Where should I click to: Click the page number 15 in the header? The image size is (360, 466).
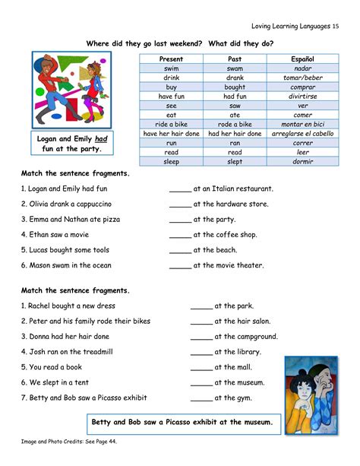(x=335, y=27)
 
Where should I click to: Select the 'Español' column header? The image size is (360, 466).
(x=302, y=59)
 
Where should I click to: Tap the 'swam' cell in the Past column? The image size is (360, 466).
(x=235, y=68)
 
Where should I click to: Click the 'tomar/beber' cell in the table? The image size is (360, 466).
(x=302, y=78)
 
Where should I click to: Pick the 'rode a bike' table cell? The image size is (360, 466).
(x=235, y=124)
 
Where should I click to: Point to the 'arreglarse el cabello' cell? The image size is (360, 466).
(x=302, y=133)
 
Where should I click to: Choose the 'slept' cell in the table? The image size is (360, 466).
(x=235, y=161)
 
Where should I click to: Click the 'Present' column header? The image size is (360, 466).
(x=172, y=59)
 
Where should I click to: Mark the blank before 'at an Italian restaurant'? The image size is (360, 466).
(x=180, y=189)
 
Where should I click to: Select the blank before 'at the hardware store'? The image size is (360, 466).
(x=180, y=204)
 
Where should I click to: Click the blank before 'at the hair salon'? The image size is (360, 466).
(x=201, y=322)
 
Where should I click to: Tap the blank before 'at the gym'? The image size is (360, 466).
(x=201, y=398)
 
